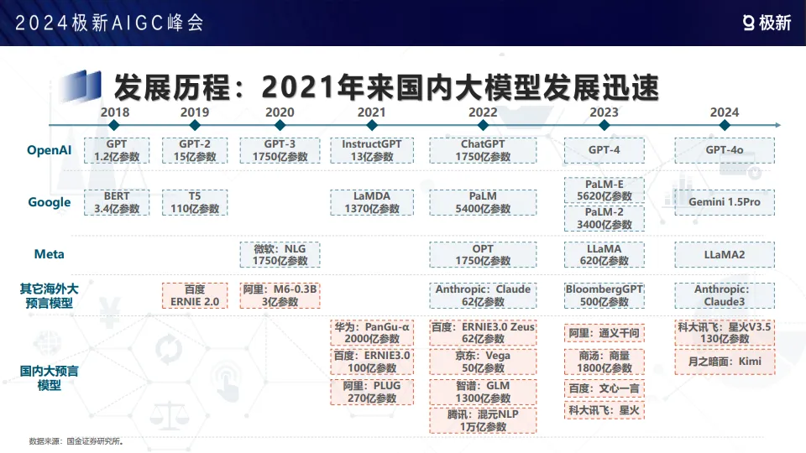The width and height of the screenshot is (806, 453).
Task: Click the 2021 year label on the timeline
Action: click(x=371, y=112)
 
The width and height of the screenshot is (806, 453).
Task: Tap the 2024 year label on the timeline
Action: click(x=724, y=112)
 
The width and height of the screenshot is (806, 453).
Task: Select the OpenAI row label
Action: click(x=50, y=150)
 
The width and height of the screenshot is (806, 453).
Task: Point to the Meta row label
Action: click(x=50, y=254)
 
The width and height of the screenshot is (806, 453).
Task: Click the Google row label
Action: click(x=50, y=202)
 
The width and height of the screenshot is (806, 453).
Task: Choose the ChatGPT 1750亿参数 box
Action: click(x=482, y=150)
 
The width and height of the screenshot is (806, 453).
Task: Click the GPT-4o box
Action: click(x=724, y=150)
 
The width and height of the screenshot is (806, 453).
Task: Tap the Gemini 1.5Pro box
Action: click(x=724, y=202)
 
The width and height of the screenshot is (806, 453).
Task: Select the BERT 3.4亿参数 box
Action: click(x=117, y=202)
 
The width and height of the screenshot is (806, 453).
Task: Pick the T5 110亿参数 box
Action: click(x=195, y=202)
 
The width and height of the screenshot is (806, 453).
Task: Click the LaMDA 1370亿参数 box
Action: click(x=371, y=202)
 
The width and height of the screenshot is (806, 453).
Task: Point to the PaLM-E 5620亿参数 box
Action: click(x=604, y=190)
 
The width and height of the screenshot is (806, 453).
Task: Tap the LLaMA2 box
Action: click(x=724, y=254)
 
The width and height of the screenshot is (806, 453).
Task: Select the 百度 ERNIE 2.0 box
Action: click(x=195, y=295)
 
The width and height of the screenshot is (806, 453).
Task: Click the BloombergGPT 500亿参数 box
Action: click(x=604, y=295)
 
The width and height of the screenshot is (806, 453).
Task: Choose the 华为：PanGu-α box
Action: click(x=371, y=333)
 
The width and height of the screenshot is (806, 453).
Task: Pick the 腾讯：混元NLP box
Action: click(x=482, y=420)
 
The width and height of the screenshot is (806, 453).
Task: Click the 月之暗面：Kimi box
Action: click(x=724, y=361)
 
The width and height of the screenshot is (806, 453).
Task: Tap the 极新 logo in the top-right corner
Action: click(x=767, y=23)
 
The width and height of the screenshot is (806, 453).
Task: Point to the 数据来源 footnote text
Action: click(x=76, y=440)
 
